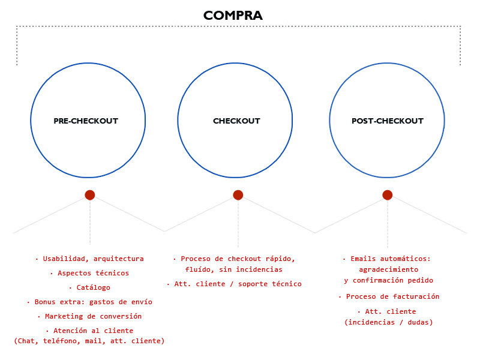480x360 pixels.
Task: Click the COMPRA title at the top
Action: click(233, 16)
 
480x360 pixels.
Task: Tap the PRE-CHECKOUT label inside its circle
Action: click(86, 121)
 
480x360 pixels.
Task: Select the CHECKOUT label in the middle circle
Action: click(236, 121)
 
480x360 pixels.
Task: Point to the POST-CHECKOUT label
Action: click(388, 121)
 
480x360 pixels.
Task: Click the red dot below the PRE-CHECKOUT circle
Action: click(89, 195)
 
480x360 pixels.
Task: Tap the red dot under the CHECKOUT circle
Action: click(238, 195)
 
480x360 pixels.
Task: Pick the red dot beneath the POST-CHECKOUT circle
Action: click(387, 195)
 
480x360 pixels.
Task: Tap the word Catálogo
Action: click(94, 287)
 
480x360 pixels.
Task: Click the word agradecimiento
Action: click(388, 269)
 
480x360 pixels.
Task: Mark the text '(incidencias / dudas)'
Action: click(388, 322)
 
